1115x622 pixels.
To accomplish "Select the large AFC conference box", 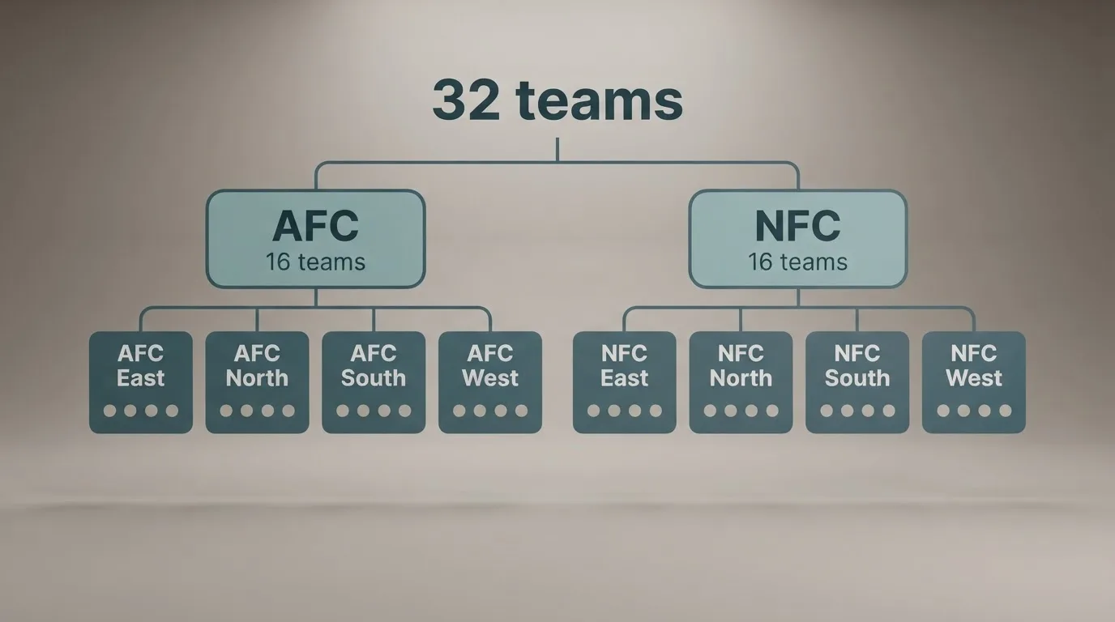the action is coord(315,239).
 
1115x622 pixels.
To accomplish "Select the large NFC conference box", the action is coord(798,239).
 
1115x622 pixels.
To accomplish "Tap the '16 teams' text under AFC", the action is coord(315,262).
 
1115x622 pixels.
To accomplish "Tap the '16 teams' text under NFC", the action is coord(798,262).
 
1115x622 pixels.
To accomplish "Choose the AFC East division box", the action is coord(141,382).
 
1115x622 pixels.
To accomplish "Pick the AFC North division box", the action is coord(258,382).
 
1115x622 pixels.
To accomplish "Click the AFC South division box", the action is coord(374,382).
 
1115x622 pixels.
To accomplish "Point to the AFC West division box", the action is coord(490,382).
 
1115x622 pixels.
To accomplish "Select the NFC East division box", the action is coord(625,382).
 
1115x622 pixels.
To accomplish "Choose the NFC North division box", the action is coord(741,382).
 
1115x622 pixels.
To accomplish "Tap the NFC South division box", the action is coord(857,382).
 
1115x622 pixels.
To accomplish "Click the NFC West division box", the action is coord(974,382).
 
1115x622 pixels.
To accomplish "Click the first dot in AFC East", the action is coord(110,411).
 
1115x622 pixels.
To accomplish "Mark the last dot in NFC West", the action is coord(1006,411).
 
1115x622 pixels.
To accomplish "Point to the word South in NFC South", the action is coord(857,378).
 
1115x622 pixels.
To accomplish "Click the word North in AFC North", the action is coord(258,378).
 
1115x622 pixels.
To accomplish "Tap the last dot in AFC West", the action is coord(522,411).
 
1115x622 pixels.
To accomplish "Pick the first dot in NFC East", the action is coord(593,411).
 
